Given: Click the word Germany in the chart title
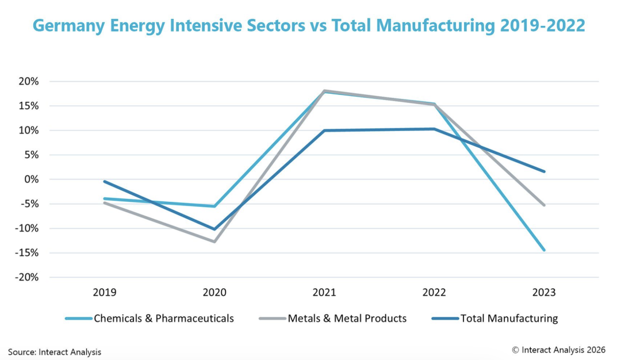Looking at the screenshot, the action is point(69,26).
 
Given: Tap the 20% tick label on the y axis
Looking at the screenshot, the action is point(29,82).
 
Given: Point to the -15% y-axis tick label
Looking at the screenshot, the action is point(27,252).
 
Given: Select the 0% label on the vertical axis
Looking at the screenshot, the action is point(31,179).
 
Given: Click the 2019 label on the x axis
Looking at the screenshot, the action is point(105,293).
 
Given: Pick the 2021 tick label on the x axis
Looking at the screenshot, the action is point(324,293).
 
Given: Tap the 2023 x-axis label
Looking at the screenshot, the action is point(544,293).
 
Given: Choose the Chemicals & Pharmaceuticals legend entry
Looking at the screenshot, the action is point(149,319).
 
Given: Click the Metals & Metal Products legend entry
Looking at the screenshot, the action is point(333,319).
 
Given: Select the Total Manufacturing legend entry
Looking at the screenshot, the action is point(494,319).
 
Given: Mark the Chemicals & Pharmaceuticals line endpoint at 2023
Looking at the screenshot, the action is point(544,250).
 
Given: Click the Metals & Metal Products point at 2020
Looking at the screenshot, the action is point(214,242).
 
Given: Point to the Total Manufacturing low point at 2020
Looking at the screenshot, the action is point(214,229).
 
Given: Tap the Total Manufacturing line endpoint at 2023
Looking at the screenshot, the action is point(544,171).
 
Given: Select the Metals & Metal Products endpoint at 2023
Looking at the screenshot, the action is point(544,205).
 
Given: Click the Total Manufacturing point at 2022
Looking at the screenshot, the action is point(434,129).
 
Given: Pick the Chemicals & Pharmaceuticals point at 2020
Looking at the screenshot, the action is point(214,206).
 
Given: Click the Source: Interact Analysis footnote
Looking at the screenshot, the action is point(55,352).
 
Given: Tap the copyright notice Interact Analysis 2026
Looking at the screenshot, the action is point(558,350).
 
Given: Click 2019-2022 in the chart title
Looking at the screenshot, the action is point(543,26).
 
